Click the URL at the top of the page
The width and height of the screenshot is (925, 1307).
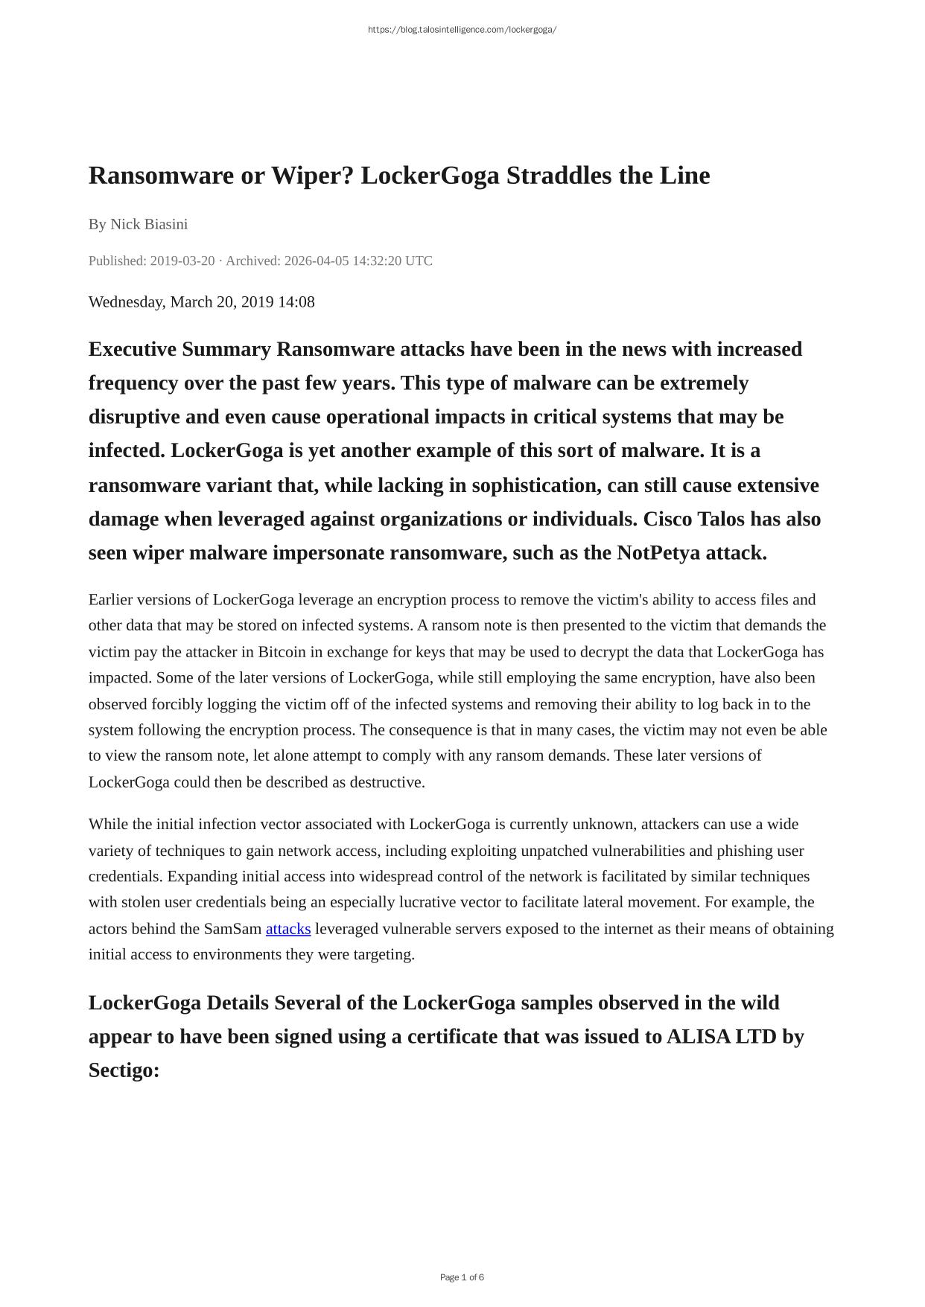coord(462,30)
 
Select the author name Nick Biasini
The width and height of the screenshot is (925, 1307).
coord(149,224)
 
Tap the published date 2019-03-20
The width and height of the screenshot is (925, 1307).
coord(182,261)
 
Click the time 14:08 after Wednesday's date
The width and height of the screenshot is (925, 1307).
coord(296,301)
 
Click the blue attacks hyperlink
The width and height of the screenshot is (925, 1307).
coord(288,929)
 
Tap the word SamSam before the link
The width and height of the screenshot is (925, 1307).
coord(232,929)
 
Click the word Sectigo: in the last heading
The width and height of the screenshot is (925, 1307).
coord(124,1070)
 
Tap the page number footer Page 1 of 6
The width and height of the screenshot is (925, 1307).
coord(462,1277)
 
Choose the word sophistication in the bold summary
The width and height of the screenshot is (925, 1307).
coord(536,485)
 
